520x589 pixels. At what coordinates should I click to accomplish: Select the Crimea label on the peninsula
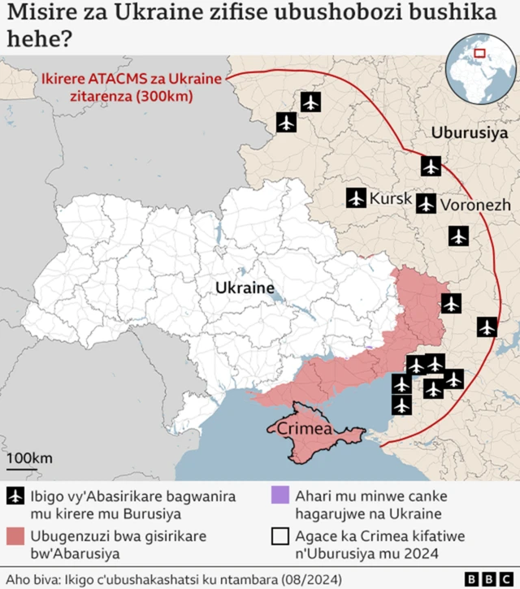point(305,428)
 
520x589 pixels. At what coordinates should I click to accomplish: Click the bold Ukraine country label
point(245,288)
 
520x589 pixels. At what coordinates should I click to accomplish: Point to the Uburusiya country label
point(470,132)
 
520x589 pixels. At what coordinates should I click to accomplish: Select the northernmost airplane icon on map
point(310,102)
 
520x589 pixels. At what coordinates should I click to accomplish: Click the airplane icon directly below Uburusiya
point(431,167)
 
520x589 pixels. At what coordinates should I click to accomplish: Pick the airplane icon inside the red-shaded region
point(451,304)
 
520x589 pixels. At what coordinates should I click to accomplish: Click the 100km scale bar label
point(29,458)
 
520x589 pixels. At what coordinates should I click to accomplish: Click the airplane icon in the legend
point(15,496)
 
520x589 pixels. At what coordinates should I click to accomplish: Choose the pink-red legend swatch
point(15,536)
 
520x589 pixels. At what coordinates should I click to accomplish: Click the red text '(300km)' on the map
point(165,96)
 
